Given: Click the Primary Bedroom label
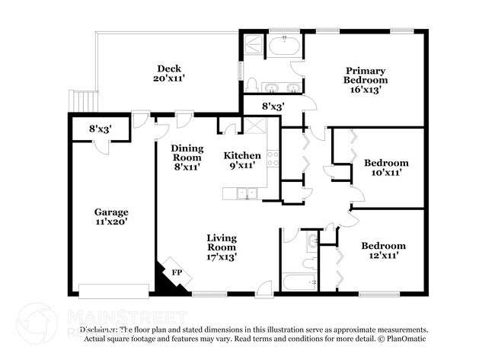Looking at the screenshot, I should coord(365,79).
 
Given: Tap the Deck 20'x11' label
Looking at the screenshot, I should coord(169,73).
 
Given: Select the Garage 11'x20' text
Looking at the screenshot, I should coord(111,217).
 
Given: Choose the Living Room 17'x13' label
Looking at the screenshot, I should coord(222,247).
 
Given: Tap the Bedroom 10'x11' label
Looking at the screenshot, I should coord(385,167).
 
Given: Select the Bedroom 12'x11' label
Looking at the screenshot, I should coord(383,251).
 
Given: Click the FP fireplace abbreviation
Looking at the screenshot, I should coord(177,272).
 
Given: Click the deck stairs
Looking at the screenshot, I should coord(83,100).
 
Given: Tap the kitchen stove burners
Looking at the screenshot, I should coord(273,162).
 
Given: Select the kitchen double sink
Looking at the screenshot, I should coord(244,193).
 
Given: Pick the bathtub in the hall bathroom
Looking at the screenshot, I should coord(298,282).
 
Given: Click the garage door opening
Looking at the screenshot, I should coord(114,291).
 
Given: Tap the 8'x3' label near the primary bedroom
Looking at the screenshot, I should coord(273,107).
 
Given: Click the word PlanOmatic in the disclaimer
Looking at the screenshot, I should coord(405,338).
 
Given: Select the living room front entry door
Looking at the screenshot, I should coord(263,288).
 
